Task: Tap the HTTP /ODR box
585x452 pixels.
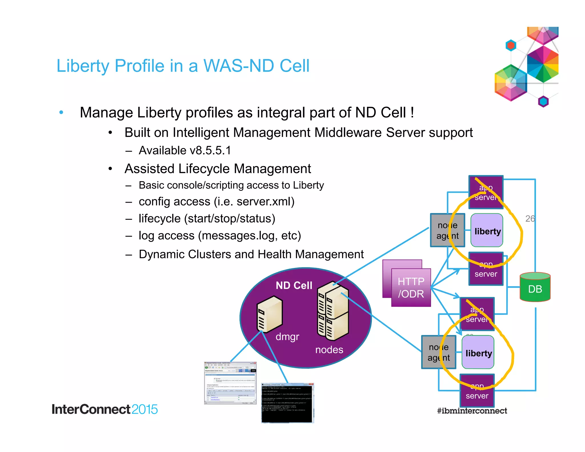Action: pos(411,287)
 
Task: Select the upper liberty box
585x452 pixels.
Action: pos(487,231)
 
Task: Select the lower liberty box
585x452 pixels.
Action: pos(478,353)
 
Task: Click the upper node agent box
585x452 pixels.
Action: pos(447,230)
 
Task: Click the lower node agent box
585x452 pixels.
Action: pos(438,352)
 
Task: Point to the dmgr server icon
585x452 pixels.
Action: pos(269,314)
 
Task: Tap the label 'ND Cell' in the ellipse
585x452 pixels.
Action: pos(294,285)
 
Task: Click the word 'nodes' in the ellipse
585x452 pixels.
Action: pos(329,350)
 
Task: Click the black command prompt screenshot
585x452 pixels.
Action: pos(287,403)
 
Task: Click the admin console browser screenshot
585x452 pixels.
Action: pos(230,383)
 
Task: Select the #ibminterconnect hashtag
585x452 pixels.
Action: pos(472,411)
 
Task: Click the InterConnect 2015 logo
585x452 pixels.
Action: pos(105,409)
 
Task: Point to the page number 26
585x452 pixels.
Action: pos(530,219)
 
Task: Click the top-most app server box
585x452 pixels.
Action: pos(486,192)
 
